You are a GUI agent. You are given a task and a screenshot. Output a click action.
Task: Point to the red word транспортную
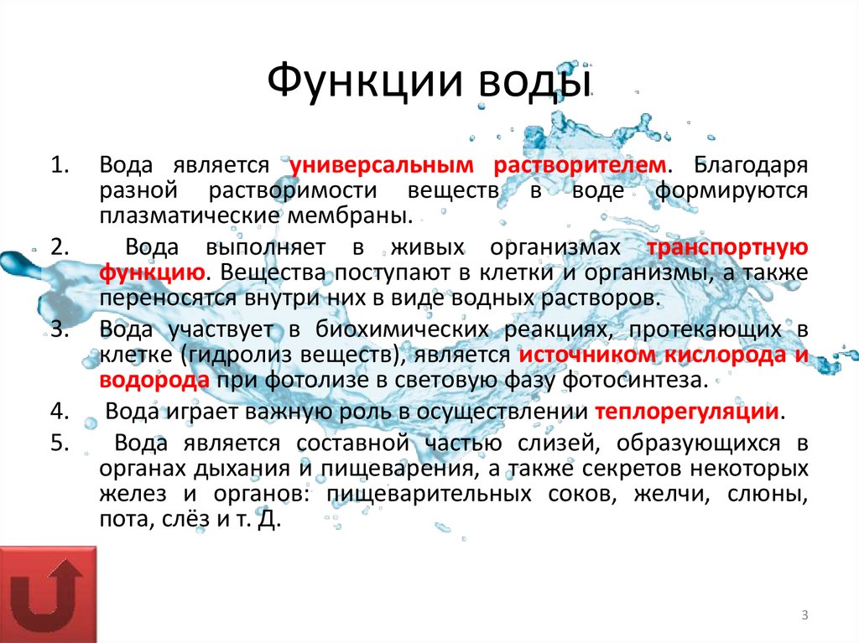pos(727,247)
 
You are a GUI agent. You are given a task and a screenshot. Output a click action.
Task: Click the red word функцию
pos(151,272)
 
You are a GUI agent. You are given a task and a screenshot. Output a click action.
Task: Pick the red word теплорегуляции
pos(686,412)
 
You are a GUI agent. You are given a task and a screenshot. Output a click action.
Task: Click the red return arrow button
pos(48,594)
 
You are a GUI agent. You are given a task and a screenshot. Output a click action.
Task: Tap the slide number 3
pos(804,617)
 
